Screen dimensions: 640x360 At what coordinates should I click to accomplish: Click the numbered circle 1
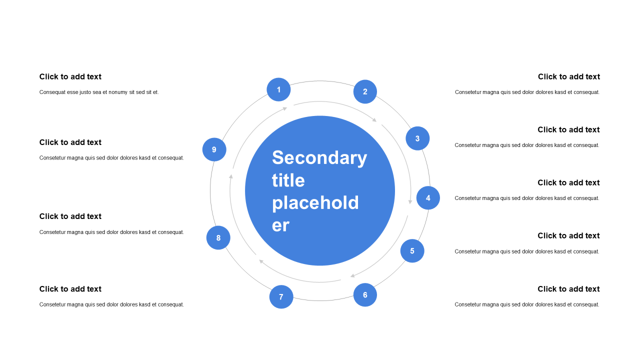tap(278, 89)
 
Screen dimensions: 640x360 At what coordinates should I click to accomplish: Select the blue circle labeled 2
tap(365, 91)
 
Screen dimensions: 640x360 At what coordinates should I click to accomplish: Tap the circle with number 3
tap(417, 138)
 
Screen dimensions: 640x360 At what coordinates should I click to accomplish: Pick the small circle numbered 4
tap(428, 197)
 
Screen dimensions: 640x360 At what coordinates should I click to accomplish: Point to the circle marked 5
tap(412, 251)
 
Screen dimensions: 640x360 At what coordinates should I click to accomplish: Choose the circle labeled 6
tap(365, 295)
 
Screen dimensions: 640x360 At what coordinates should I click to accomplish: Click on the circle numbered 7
tap(281, 297)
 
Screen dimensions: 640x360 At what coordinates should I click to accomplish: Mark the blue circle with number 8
tap(218, 237)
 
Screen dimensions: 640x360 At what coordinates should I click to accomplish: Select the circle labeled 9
tap(214, 149)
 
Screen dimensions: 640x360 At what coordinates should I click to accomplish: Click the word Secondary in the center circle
tap(319, 157)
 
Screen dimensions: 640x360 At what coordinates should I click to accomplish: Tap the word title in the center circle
tap(288, 180)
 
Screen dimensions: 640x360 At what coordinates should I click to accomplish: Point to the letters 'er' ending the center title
tap(280, 225)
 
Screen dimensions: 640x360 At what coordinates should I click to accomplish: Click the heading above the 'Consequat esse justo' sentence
tap(70, 76)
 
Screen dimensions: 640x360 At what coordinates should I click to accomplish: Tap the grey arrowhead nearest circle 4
tap(410, 201)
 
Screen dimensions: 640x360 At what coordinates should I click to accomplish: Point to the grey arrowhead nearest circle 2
tap(374, 120)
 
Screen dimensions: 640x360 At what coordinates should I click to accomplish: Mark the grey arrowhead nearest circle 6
tap(352, 275)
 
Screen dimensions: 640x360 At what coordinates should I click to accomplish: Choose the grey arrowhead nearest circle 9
tap(231, 176)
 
